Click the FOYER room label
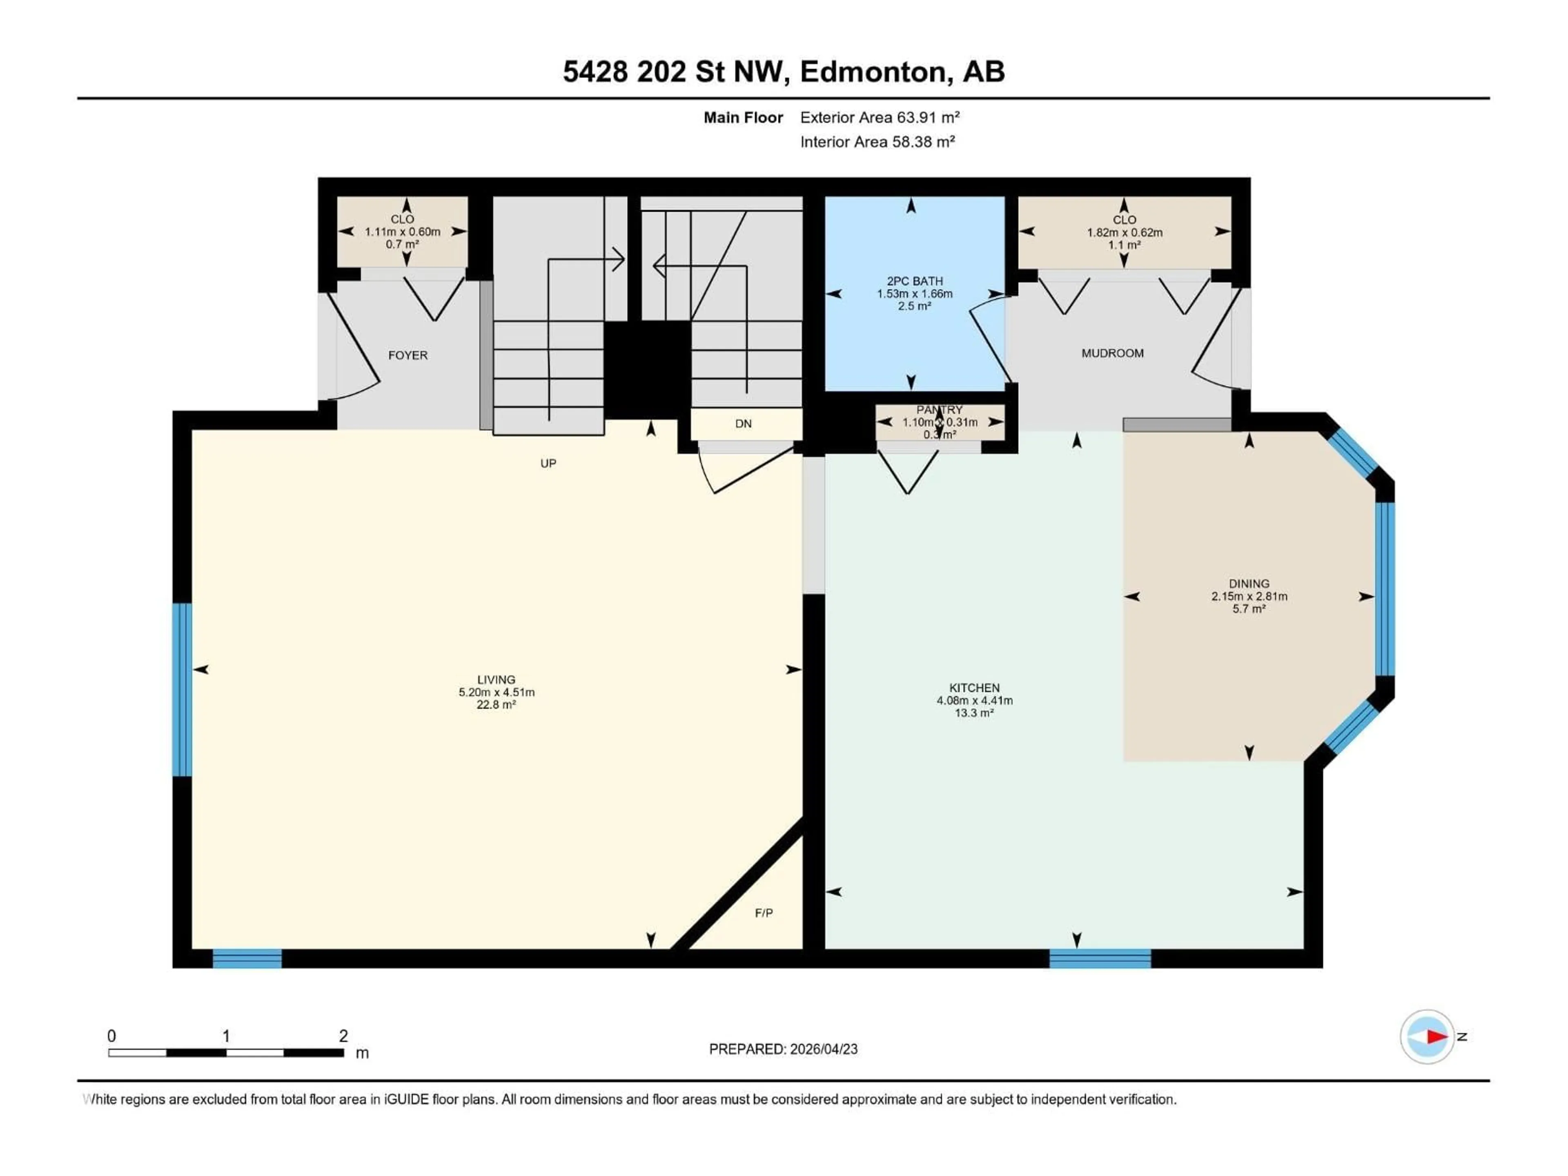(408, 355)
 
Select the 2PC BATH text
(914, 281)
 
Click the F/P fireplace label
(764, 913)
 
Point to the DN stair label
(743, 424)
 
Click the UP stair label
(548, 463)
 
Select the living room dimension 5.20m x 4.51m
(496, 693)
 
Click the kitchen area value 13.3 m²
(974, 713)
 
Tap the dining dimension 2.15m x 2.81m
(1249, 597)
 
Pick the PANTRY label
(939, 410)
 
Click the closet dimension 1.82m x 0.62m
(1124, 232)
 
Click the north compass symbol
(1427, 1036)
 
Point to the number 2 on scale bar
(343, 1036)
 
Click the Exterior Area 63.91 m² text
(880, 118)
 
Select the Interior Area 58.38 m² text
(878, 142)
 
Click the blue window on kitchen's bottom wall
(1100, 958)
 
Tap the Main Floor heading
(743, 118)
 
